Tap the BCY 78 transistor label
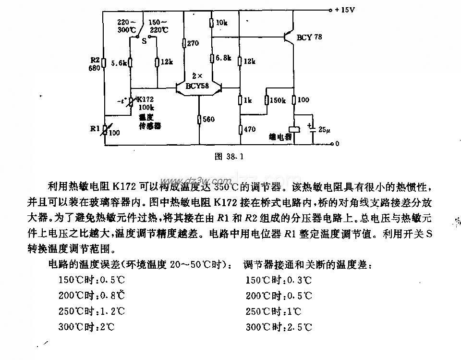(x=310, y=37)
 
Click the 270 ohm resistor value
(x=193, y=43)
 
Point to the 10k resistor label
(x=222, y=23)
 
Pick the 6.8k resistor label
(x=223, y=58)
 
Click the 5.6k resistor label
(x=118, y=62)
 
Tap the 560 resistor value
(x=208, y=119)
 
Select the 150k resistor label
(x=278, y=100)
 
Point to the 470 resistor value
(x=249, y=129)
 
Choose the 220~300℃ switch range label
(x=128, y=25)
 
